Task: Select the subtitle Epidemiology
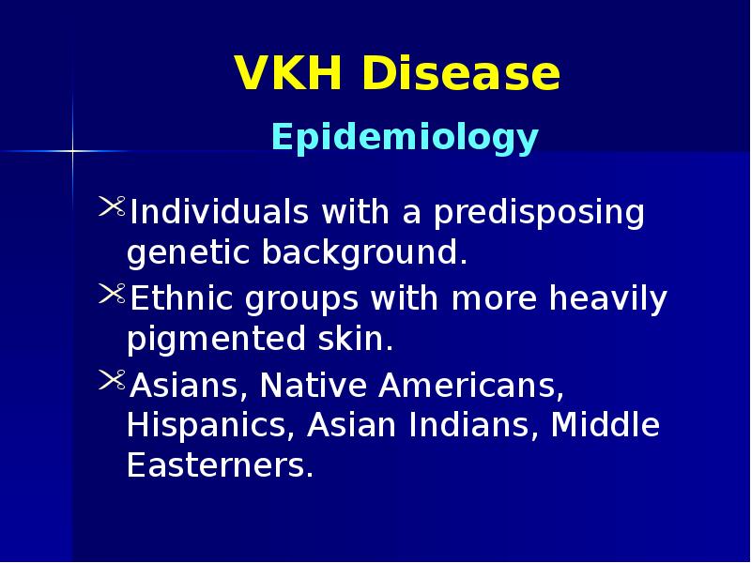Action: (x=405, y=138)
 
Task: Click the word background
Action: (x=363, y=253)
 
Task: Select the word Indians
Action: (x=474, y=425)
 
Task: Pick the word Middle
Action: (x=605, y=425)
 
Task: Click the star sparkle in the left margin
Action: (x=71, y=150)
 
